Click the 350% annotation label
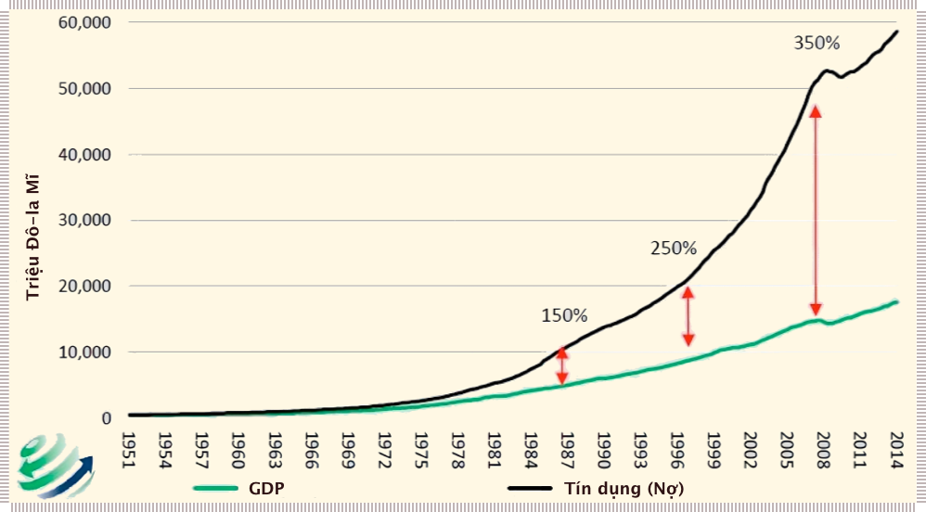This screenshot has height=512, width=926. coord(817,43)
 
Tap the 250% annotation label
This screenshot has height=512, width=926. coord(673,248)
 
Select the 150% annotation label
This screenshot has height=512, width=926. coord(564,315)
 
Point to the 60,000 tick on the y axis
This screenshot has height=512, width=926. coord(84,22)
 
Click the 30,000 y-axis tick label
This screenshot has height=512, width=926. coord(84,221)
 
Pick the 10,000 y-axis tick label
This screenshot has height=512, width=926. coord(84,352)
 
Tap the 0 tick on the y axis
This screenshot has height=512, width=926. coord(107,418)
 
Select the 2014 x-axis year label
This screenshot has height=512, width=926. coord(895,449)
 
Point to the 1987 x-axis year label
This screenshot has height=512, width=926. coord(566,449)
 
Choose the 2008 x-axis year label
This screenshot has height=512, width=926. coord(822,449)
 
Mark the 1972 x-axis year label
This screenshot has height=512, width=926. coord(382,449)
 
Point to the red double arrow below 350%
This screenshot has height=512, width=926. coord(816,210)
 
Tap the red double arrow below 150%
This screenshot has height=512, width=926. coord(561,365)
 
